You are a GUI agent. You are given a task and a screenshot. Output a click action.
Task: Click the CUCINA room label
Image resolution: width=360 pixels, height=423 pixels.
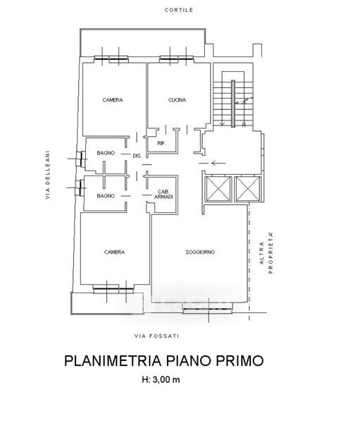(x=177, y=100)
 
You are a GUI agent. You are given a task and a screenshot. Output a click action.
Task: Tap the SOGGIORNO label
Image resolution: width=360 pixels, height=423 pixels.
(x=200, y=252)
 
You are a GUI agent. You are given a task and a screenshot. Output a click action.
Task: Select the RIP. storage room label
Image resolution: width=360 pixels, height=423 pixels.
(x=161, y=144)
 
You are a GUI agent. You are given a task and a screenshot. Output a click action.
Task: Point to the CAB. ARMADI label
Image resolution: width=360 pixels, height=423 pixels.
(x=163, y=195)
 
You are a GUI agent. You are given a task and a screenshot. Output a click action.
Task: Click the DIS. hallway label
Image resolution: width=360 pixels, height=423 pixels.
(x=137, y=156)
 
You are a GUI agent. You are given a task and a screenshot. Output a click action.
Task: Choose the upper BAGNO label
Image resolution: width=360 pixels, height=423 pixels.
(x=106, y=153)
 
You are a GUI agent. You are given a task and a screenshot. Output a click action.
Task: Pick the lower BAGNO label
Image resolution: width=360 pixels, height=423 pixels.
(x=106, y=196)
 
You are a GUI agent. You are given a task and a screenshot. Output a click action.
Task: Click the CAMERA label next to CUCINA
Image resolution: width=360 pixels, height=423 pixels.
(x=113, y=100)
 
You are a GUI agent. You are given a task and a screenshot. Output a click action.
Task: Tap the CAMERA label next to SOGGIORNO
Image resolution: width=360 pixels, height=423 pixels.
(x=114, y=252)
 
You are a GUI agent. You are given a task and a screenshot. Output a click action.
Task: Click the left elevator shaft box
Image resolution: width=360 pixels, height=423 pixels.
(x=218, y=189)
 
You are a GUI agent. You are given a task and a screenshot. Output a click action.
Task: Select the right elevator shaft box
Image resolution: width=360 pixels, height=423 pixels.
(x=248, y=189)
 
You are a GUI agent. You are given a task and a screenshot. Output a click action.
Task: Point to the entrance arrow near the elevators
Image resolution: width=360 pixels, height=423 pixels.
(x=218, y=163)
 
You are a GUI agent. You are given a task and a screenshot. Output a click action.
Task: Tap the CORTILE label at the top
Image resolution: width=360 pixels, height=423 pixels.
(x=179, y=10)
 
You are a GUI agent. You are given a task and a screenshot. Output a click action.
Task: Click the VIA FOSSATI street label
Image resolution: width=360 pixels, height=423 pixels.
(x=156, y=336)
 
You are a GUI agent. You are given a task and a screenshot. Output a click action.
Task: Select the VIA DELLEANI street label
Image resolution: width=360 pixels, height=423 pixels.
(x=48, y=175)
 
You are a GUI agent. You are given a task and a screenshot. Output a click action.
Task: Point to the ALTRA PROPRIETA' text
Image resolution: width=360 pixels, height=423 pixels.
(x=266, y=252)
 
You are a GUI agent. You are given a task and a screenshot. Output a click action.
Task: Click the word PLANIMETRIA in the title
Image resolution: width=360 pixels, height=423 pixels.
(x=113, y=361)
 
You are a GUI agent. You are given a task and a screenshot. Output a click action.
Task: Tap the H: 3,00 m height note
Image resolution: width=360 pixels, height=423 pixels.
(x=161, y=379)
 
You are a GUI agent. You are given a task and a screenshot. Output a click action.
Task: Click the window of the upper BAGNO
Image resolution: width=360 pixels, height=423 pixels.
(x=81, y=159)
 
